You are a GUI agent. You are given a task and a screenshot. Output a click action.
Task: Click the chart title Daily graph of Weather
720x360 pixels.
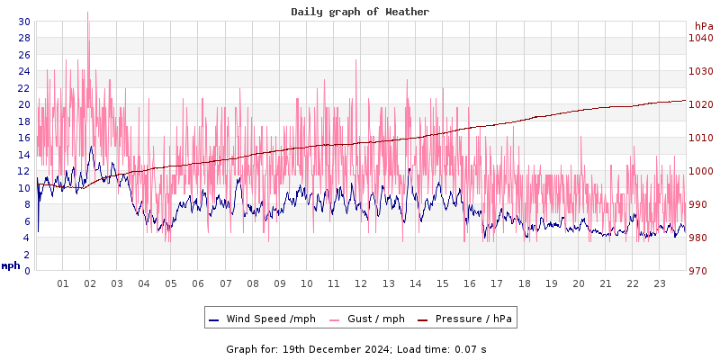(x=360, y=12)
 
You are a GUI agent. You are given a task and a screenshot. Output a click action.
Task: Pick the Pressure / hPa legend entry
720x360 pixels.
(x=468, y=319)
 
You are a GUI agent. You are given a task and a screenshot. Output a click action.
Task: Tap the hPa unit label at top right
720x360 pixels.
(x=703, y=26)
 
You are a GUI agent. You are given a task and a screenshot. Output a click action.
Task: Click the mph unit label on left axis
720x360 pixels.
(x=11, y=265)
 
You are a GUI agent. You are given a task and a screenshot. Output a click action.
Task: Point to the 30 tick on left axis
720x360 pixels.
(x=23, y=22)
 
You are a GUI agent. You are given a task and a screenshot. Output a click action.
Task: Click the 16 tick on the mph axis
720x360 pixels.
(x=23, y=138)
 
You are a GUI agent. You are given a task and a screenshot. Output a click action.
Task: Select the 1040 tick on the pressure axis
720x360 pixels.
(x=700, y=38)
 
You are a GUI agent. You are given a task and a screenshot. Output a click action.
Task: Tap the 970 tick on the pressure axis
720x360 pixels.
(x=700, y=271)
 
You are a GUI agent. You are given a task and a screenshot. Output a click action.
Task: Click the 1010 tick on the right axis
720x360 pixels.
(x=700, y=138)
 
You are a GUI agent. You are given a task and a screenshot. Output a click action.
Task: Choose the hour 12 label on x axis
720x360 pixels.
(x=361, y=283)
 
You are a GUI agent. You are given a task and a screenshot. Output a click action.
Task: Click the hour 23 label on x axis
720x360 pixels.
(x=659, y=283)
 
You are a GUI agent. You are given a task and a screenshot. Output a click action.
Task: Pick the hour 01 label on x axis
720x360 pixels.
(x=63, y=283)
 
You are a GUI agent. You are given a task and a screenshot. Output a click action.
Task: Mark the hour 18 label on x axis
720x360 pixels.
(x=524, y=283)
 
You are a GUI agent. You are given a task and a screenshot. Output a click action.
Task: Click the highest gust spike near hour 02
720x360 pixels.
(x=87, y=13)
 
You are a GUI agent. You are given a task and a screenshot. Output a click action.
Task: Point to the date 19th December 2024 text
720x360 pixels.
(x=337, y=349)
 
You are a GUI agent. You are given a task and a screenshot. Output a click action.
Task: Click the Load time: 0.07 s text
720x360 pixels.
(x=443, y=349)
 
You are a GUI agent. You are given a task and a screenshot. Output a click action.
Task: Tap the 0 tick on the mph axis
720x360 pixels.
(x=27, y=271)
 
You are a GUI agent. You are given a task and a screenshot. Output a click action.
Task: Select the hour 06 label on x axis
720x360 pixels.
(x=198, y=283)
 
